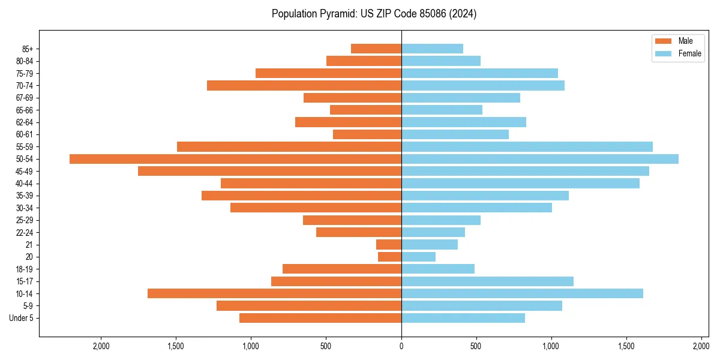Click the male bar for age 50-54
(235, 159)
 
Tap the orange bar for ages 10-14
(274, 293)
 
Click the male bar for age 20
(389, 257)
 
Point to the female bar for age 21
(430, 245)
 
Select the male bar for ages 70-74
(304, 86)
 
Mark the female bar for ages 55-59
(527, 147)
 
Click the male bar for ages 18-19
(342, 269)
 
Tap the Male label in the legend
(686, 41)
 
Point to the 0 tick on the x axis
(401, 346)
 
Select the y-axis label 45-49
(25, 172)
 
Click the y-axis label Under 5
(22, 318)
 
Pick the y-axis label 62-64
(25, 122)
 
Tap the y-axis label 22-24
(25, 233)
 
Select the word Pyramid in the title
(337, 14)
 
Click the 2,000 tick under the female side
(701, 346)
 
